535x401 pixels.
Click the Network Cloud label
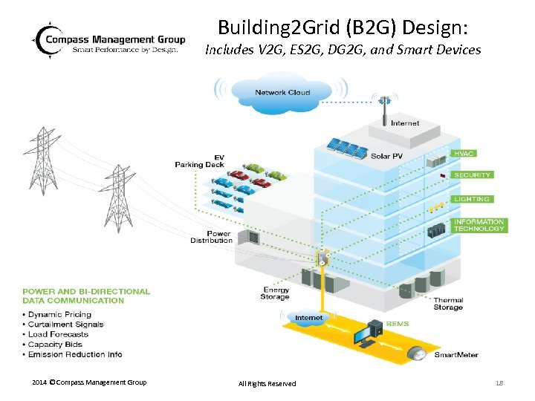pyautogui.click(x=282, y=92)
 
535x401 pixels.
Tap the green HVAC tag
pyautogui.click(x=464, y=154)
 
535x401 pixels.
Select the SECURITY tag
pyautogui.click(x=472, y=175)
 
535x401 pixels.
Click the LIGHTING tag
pyautogui.click(x=472, y=199)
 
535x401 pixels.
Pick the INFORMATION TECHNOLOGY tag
pyautogui.click(x=479, y=225)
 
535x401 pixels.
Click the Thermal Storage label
pyautogui.click(x=448, y=304)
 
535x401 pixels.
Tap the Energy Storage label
pyautogui.click(x=276, y=293)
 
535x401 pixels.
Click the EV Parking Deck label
pyautogui.click(x=198, y=161)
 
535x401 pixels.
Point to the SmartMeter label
pyautogui.click(x=456, y=355)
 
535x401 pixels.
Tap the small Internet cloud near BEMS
pyautogui.click(x=309, y=318)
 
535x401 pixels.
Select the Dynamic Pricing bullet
pyautogui.click(x=62, y=314)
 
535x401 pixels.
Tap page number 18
pyautogui.click(x=499, y=382)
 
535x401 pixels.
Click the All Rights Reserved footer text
pyautogui.click(x=267, y=383)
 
